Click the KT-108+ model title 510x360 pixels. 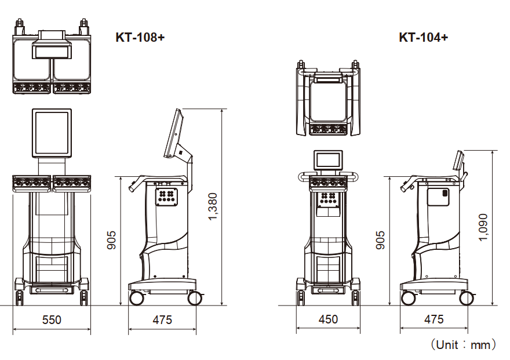[x=140, y=38]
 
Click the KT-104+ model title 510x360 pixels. [x=424, y=38]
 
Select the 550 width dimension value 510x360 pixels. [x=52, y=319]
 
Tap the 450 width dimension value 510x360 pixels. [x=328, y=319]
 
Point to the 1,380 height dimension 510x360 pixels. [x=213, y=206]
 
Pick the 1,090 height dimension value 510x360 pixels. [x=483, y=227]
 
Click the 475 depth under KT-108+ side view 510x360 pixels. [x=162, y=319]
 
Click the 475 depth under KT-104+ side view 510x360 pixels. [x=434, y=319]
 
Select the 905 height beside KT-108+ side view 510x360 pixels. [x=111, y=240]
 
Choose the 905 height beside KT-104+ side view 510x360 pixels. [x=380, y=240]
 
